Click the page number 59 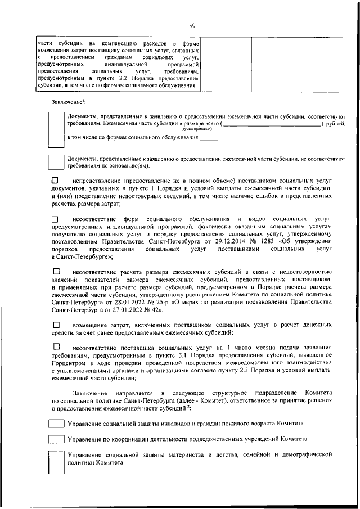coord(192,25)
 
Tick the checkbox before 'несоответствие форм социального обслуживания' coord(55,218)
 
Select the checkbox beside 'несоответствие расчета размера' coord(55,272)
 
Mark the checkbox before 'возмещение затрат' coord(55,325)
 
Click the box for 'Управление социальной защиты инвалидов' coord(56,423)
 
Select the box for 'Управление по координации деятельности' coord(56,439)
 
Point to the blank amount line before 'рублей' coord(272,123)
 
